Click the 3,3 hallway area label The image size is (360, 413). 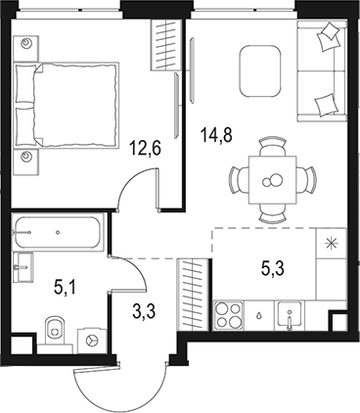coord(142,313)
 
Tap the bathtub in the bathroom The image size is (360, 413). coord(57,233)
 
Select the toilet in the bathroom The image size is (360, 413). coord(56,332)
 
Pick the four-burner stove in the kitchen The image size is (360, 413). coord(230,315)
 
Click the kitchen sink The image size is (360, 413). coord(289,315)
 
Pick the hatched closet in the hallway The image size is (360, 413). coord(193,290)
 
